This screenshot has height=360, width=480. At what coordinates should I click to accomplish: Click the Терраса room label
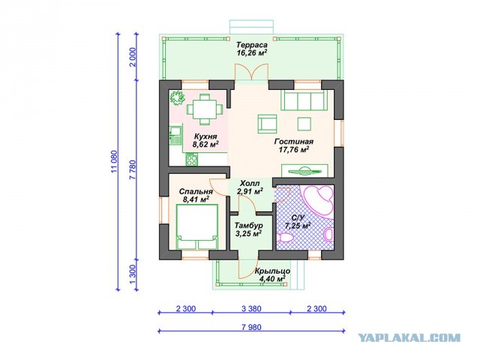[x=252, y=45]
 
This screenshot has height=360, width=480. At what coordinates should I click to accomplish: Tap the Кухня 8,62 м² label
[x=205, y=140]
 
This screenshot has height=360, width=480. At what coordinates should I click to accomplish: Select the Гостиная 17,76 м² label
[x=294, y=145]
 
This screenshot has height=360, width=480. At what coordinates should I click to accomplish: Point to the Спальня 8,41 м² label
[x=196, y=196]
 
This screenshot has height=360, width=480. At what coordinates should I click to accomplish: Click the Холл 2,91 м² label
[x=250, y=187]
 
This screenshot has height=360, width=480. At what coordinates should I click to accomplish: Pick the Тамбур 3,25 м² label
[x=248, y=229]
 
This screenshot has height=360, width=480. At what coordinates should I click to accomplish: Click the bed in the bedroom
[x=197, y=226]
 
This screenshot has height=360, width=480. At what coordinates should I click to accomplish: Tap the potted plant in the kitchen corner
[x=177, y=98]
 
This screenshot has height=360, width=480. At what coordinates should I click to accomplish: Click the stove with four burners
[x=192, y=159]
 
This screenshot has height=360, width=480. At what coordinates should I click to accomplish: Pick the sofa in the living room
[x=303, y=100]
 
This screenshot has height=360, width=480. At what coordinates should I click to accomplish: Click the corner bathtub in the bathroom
[x=317, y=200]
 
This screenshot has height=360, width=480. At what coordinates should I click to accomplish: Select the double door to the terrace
[x=251, y=72]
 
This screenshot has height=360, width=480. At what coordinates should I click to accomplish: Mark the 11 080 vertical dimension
[x=115, y=162]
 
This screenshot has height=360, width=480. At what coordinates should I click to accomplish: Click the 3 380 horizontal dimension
[x=251, y=308]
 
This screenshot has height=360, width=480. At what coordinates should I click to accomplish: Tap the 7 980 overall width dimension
[x=251, y=327]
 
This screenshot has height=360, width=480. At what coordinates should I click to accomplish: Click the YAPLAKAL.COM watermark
[x=409, y=337]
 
